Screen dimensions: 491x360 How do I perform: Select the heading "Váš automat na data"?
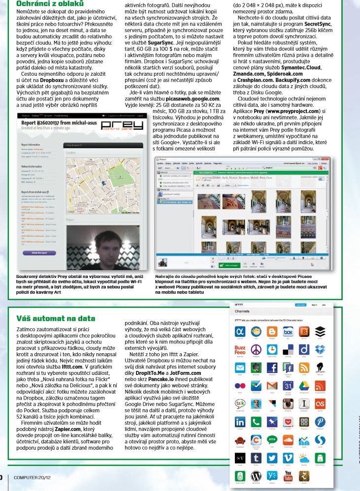point(56,318)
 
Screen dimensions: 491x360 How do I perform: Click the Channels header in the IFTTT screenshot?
point(243,311)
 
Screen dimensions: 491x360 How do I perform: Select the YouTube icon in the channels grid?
point(288,476)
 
